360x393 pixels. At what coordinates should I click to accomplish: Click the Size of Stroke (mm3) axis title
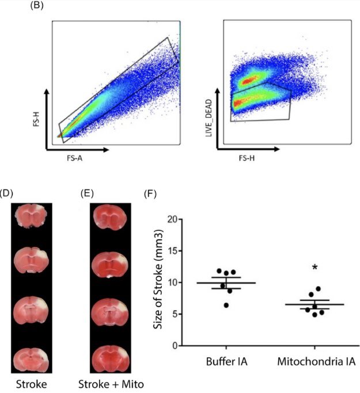pos(157,282)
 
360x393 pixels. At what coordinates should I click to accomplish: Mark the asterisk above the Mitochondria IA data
pos(314,267)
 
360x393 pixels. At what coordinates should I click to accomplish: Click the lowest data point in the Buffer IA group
pos(226,304)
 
